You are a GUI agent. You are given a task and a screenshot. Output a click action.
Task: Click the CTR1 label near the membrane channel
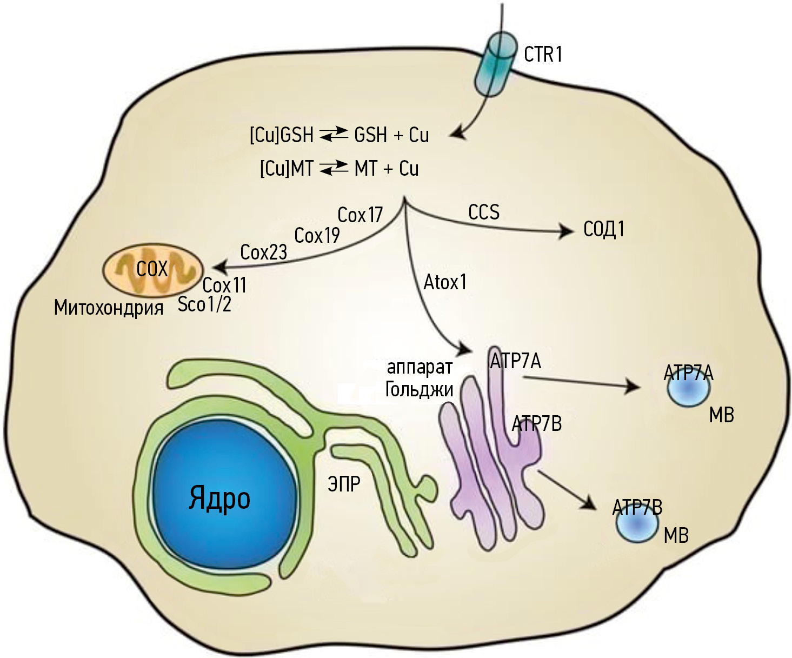(543, 54)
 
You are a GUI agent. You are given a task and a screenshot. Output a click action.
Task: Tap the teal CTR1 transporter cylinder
(495, 64)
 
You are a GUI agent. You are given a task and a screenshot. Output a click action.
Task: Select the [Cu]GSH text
(282, 135)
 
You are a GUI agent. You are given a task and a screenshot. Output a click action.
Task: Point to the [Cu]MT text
(287, 168)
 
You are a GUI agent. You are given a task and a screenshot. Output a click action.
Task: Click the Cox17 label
(360, 215)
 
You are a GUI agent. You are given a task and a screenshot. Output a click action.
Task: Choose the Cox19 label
(317, 236)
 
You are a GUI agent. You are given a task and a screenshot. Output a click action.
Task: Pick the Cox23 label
(263, 252)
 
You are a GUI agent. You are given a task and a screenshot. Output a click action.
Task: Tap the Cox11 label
(224, 285)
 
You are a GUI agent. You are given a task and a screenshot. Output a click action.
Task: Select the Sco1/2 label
(204, 304)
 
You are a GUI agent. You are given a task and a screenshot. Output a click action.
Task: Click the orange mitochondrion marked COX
(153, 269)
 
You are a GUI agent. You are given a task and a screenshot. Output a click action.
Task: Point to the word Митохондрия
(109, 308)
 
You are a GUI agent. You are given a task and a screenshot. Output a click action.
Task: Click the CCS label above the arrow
(484, 212)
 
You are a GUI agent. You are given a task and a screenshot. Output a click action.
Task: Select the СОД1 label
(604, 229)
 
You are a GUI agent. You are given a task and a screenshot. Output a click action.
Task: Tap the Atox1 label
(445, 282)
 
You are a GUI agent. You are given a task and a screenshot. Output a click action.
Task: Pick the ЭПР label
(344, 484)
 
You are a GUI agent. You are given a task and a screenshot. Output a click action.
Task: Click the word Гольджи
(419, 389)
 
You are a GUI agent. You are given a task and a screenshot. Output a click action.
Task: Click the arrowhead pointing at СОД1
(568, 232)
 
